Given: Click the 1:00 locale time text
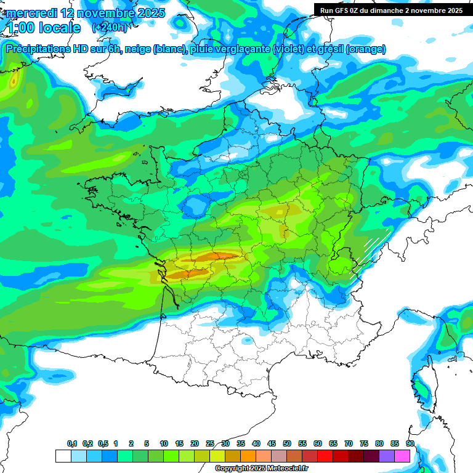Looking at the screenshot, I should click(x=43, y=28).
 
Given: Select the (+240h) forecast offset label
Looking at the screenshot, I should click(x=110, y=28).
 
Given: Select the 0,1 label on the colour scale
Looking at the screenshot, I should click(x=72, y=443).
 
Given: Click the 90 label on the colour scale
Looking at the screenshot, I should click(x=410, y=443).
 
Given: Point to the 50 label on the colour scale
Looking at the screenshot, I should click(x=287, y=443).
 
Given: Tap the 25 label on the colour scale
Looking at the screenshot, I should click(x=210, y=443).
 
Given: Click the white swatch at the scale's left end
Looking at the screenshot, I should click(x=63, y=456).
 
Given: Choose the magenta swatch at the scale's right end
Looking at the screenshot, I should click(x=402, y=456).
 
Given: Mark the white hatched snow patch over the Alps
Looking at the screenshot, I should click(x=372, y=253).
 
